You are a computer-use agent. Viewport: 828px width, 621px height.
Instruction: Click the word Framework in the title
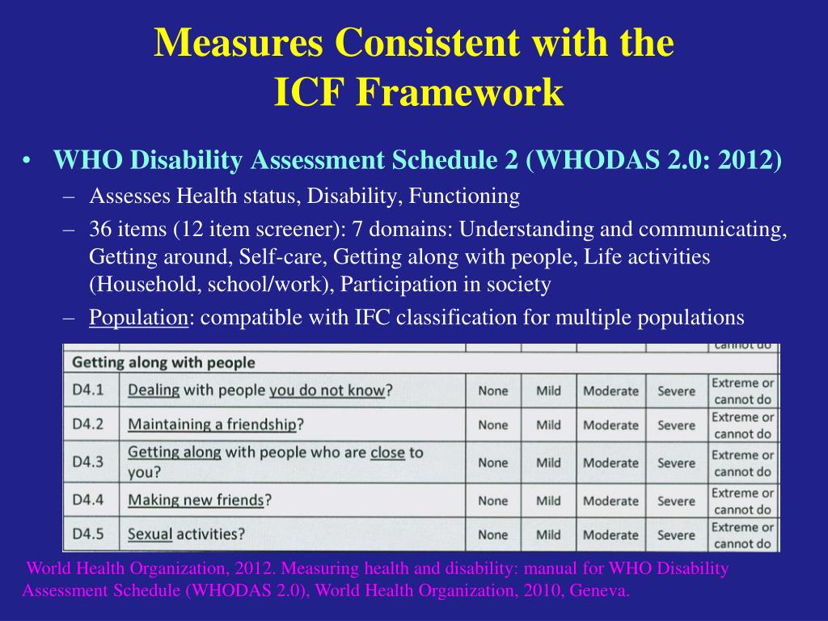[x=462, y=92]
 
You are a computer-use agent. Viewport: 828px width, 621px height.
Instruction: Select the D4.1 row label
[x=88, y=391]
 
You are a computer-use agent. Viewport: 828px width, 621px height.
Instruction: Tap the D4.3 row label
[x=88, y=462]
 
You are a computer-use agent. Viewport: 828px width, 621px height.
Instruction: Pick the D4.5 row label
[x=88, y=534]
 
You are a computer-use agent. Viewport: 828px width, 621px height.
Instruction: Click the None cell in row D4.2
[x=493, y=425]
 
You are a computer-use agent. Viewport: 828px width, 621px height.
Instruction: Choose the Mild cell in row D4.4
[x=548, y=501]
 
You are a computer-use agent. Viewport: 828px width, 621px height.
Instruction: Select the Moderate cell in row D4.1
[x=610, y=391]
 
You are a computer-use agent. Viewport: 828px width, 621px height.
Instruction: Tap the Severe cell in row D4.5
[x=676, y=534]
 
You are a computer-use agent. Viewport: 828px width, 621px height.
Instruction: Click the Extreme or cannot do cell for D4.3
[x=742, y=463]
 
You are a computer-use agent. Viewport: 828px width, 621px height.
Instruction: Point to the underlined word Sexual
[x=150, y=534]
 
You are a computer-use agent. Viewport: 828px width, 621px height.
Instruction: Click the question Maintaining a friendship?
[x=216, y=425]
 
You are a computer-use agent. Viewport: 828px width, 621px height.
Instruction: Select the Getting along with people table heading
[x=164, y=362]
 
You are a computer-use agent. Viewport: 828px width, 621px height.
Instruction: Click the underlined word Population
[x=138, y=318]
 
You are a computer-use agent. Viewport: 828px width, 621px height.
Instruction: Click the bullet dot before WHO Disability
[x=27, y=162]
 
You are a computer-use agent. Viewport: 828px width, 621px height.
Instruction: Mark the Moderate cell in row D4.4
[x=610, y=501]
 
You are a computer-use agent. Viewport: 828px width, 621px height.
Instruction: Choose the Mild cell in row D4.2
[x=548, y=425]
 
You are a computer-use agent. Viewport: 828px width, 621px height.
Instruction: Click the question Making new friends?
[x=200, y=501]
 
